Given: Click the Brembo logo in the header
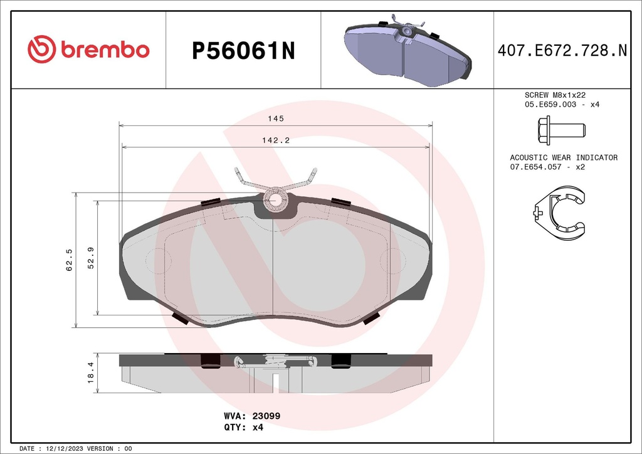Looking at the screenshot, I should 88,50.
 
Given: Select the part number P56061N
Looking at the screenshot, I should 243,51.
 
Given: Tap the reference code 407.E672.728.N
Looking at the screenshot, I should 562,51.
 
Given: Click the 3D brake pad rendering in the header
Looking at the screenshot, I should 407,51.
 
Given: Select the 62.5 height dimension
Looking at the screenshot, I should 70,259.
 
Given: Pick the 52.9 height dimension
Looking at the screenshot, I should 91,258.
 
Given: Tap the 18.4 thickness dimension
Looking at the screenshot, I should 90,373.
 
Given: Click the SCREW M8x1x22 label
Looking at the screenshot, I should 554,95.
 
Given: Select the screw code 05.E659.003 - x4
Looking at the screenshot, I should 562,104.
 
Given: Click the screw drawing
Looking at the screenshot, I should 562,130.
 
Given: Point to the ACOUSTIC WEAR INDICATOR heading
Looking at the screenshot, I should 563,157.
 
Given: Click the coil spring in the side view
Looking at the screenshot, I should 275,361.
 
